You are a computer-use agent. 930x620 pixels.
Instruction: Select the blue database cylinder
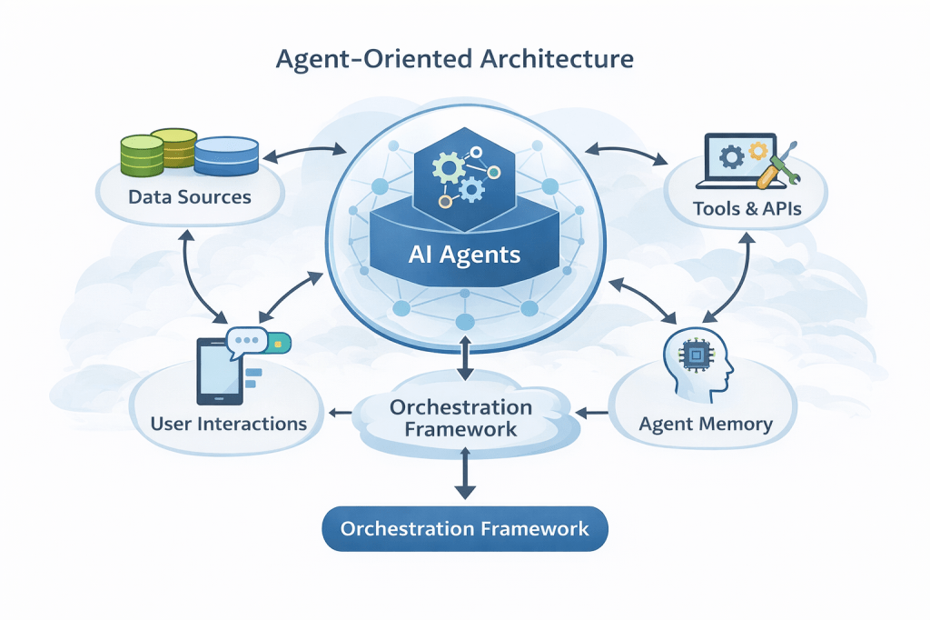(x=227, y=155)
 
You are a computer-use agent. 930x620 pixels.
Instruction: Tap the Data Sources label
(x=190, y=196)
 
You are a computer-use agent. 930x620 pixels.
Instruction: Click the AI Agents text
(x=464, y=254)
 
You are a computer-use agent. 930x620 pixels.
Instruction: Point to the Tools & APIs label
(x=747, y=208)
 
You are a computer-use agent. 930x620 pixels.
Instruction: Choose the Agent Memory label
(x=706, y=424)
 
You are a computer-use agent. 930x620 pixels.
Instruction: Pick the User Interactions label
(x=228, y=424)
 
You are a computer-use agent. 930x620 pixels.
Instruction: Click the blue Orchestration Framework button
(x=465, y=528)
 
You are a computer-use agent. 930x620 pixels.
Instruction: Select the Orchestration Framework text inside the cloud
(x=460, y=417)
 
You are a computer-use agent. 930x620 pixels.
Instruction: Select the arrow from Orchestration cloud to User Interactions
(x=339, y=414)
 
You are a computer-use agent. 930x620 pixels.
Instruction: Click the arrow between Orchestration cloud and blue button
(x=465, y=473)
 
